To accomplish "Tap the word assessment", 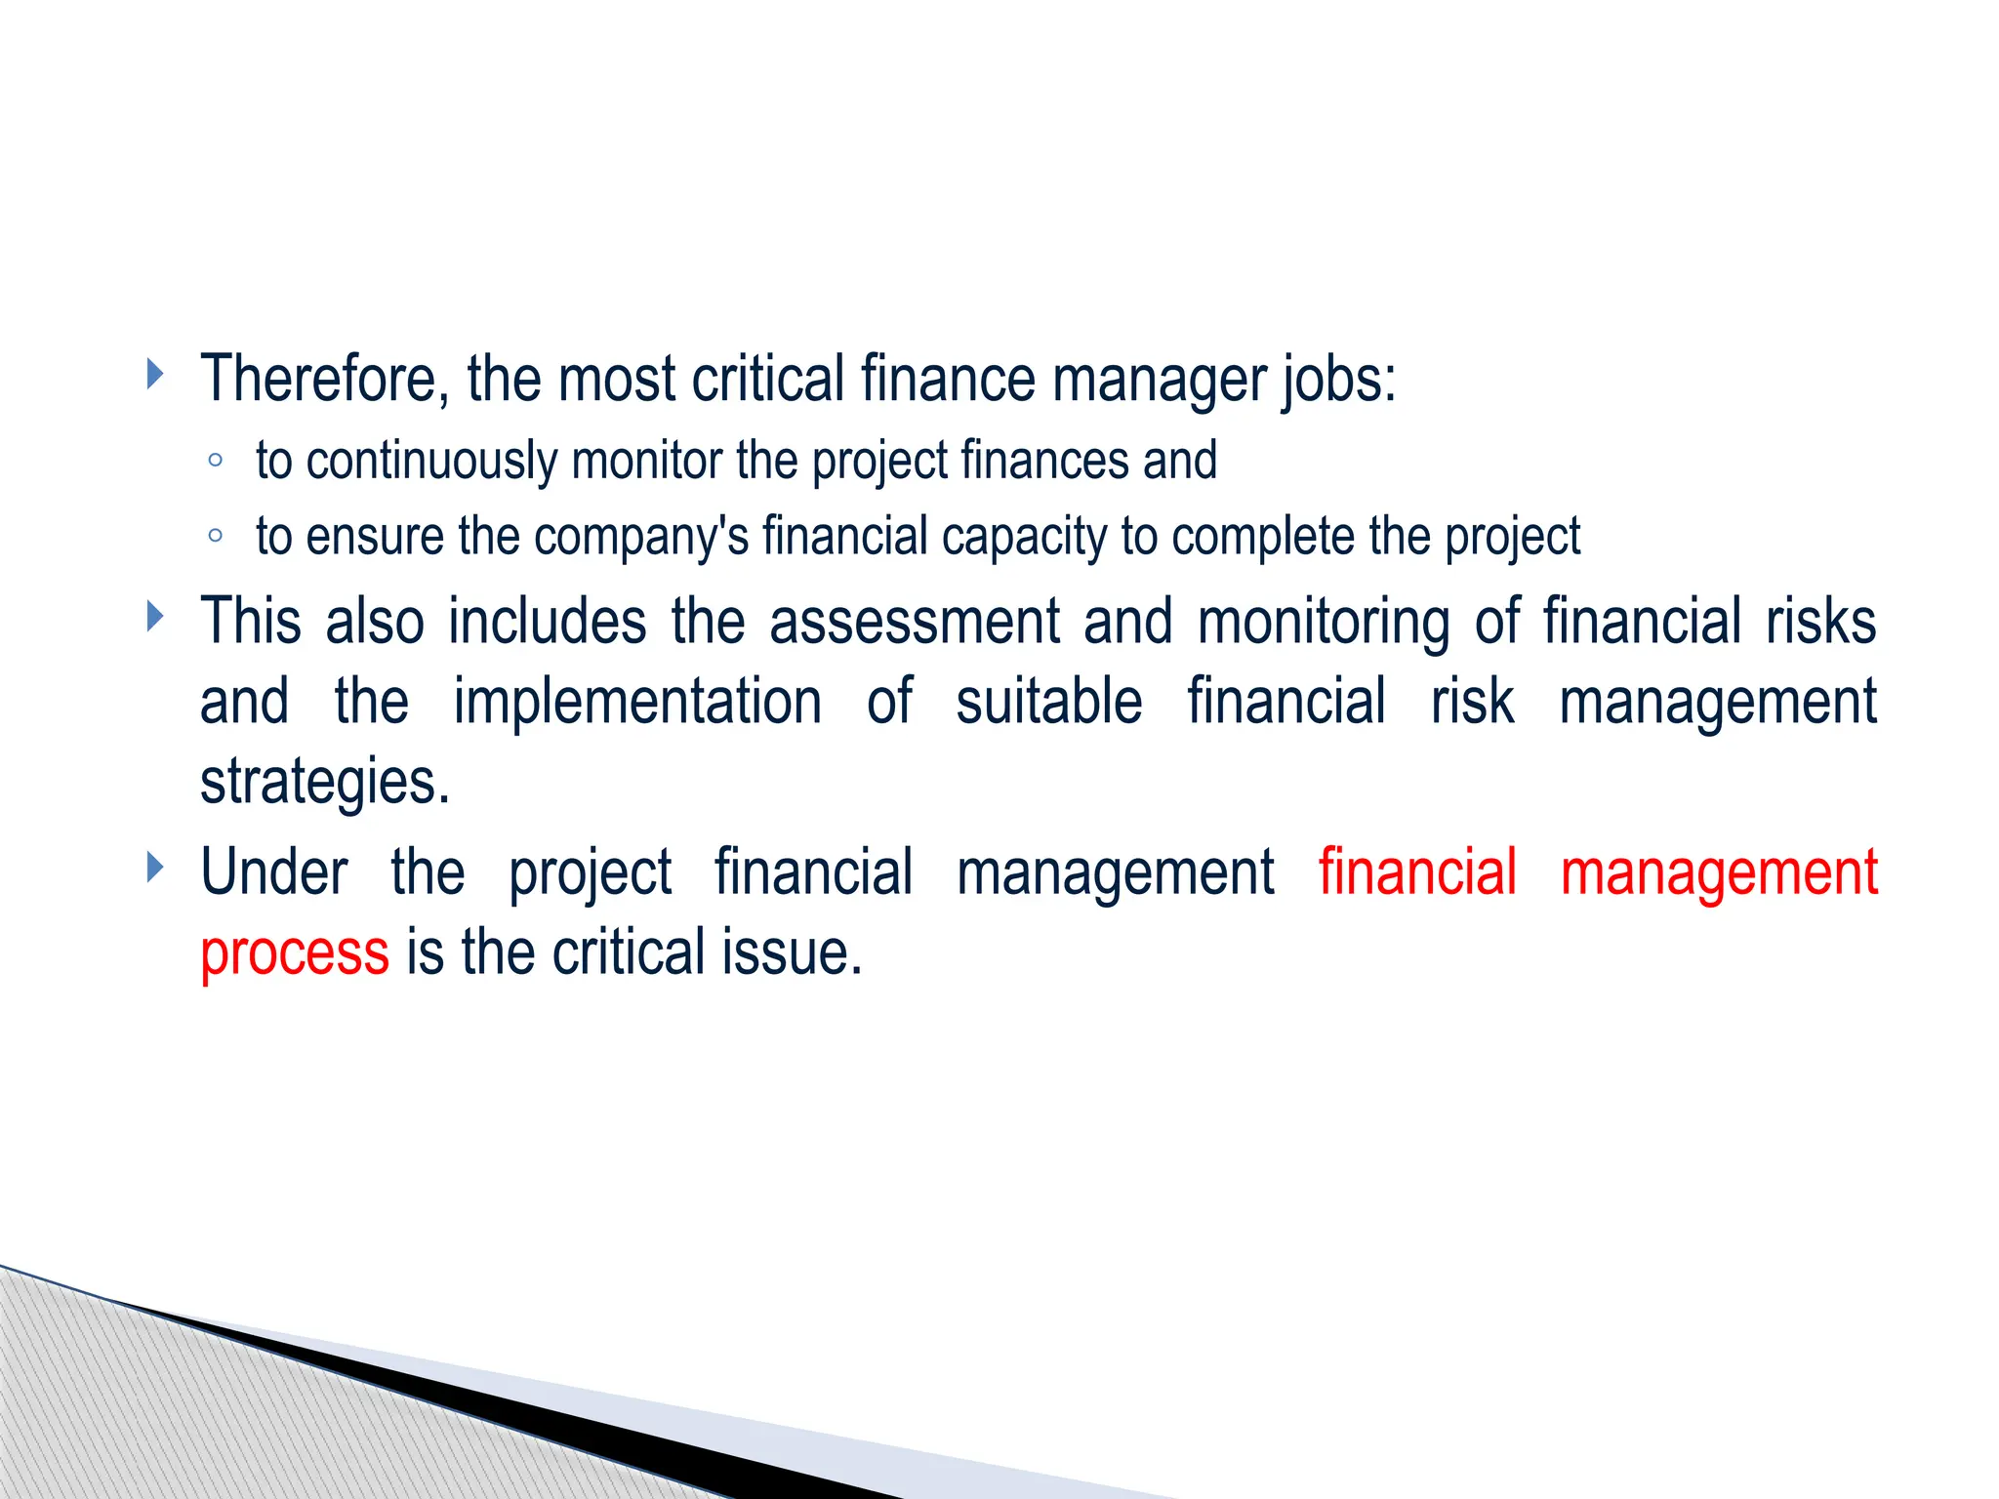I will pyautogui.click(x=915, y=622).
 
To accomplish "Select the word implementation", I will pyautogui.click(x=637, y=702).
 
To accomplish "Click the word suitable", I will pyautogui.click(x=1048, y=702).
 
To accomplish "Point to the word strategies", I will pyautogui.click(x=325, y=783).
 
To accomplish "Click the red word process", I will pyautogui.click(x=295, y=953).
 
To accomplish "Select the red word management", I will pyautogui.click(x=1719, y=873).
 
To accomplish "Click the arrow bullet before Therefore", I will pyautogui.click(x=154, y=373).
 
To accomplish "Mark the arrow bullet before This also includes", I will pyautogui.click(x=154, y=616).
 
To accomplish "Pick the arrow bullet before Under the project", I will pyautogui.click(x=154, y=867).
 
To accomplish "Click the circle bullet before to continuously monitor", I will pyautogui.click(x=216, y=460).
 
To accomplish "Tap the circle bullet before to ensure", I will pyautogui.click(x=216, y=536).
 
